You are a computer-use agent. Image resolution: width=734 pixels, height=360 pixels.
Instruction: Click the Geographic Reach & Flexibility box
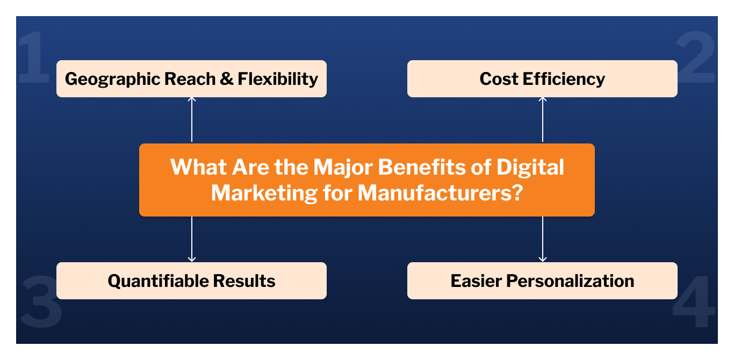pos(191,78)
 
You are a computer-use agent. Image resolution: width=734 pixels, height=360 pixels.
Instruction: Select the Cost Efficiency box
pos(542,78)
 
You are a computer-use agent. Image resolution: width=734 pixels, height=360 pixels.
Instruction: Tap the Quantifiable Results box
pos(191,280)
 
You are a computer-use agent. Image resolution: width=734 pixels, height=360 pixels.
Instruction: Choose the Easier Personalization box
pos(542,280)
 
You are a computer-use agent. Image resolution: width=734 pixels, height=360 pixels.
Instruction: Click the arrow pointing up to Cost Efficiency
pos(543,120)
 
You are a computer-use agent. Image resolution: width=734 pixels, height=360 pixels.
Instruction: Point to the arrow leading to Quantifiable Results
pos(192,239)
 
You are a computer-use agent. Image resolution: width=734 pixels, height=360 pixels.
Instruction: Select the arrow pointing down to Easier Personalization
pos(543,239)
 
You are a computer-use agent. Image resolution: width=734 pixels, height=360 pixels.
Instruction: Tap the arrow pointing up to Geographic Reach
pos(192,120)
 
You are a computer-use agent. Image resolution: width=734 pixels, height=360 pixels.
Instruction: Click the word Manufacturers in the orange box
pos(434,192)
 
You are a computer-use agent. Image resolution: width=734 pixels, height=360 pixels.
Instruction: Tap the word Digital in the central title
pos(530,167)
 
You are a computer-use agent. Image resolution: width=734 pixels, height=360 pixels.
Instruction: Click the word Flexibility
pos(278,79)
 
